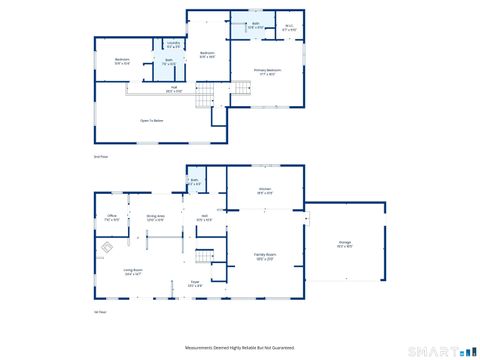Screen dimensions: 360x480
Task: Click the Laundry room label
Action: coord(173,44)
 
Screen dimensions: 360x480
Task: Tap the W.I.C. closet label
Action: coord(289,28)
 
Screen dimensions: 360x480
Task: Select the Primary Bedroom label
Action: coord(267,71)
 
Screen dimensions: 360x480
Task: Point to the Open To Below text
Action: coord(151,120)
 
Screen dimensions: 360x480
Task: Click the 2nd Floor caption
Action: coord(99,157)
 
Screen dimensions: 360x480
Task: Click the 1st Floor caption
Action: coord(99,312)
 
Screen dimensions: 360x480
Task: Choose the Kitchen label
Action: coord(266,191)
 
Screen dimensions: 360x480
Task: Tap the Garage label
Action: coord(344,243)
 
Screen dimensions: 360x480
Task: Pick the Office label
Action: coord(113,218)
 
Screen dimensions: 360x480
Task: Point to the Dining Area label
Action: coord(155,218)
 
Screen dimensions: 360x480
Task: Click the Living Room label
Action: coord(132,271)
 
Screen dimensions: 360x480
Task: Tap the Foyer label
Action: coord(195,285)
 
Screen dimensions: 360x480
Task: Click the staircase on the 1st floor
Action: coord(205,257)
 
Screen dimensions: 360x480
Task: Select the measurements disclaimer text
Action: coord(240,347)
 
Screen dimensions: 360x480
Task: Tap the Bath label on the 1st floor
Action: coord(194,182)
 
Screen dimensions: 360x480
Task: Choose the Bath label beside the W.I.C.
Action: coord(256,25)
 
